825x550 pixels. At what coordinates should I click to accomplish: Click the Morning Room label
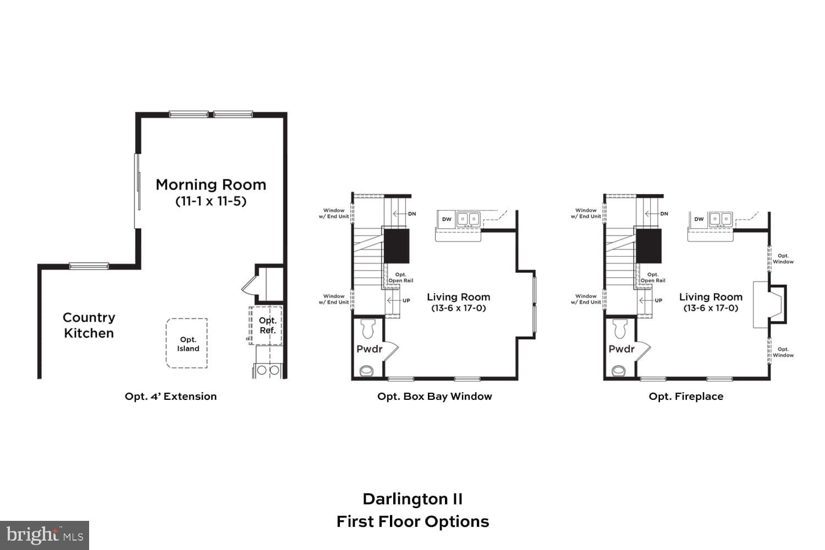click(x=211, y=185)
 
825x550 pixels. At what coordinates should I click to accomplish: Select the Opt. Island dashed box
click(x=187, y=343)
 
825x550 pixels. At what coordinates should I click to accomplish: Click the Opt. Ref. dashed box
click(x=266, y=326)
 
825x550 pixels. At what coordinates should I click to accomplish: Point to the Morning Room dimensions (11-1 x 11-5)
click(x=211, y=201)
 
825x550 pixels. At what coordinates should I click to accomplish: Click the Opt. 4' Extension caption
click(x=170, y=397)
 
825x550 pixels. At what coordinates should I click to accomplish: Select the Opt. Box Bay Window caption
click(x=435, y=397)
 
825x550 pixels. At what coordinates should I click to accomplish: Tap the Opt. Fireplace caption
click(x=686, y=397)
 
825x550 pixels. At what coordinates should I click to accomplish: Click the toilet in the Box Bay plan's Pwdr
click(x=368, y=329)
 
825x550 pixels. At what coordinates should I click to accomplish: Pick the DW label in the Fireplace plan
click(x=698, y=219)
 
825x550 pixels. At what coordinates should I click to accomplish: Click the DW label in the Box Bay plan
click(x=447, y=219)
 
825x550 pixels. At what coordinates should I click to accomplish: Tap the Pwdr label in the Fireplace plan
click(x=621, y=349)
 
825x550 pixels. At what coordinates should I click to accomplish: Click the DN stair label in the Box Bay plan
click(x=411, y=214)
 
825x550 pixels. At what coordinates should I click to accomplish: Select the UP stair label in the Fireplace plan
click(x=658, y=301)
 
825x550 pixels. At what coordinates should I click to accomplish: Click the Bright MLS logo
click(x=45, y=535)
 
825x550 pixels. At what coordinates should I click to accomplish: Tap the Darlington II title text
click(x=413, y=499)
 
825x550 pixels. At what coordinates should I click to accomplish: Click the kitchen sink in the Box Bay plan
click(x=468, y=219)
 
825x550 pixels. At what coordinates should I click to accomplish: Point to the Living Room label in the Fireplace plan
click(x=711, y=297)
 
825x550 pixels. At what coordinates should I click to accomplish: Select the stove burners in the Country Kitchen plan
click(x=267, y=371)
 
